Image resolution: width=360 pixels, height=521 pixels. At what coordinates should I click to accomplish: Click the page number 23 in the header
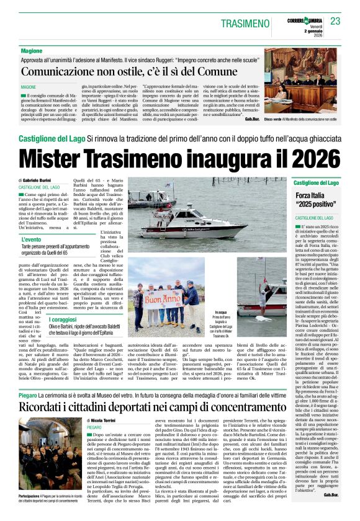click(335, 21)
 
